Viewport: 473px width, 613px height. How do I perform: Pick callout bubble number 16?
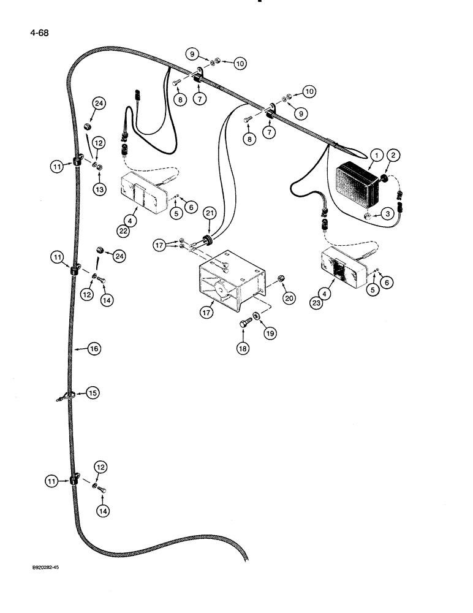tap(94, 348)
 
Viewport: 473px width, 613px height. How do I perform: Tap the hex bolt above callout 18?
tap(243, 322)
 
